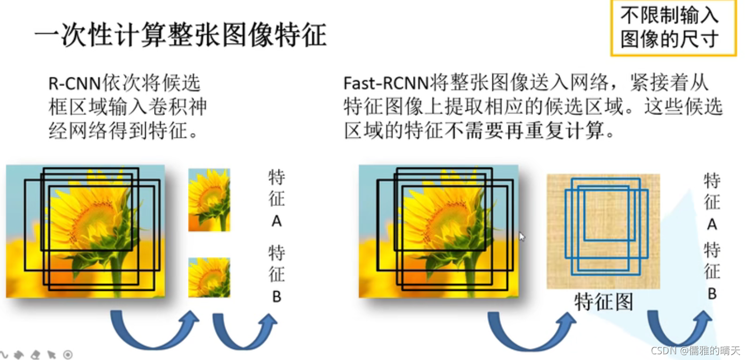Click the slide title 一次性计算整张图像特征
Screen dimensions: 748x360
coord(181,35)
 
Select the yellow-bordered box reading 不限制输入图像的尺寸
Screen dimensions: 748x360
coord(673,28)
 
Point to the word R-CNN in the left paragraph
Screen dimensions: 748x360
coord(74,83)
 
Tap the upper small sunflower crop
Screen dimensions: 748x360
coord(209,200)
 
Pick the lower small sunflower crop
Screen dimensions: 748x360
coord(209,277)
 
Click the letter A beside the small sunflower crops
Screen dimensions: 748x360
coord(276,221)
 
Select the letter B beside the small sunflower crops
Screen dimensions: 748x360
coord(276,297)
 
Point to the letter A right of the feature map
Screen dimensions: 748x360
coord(712,224)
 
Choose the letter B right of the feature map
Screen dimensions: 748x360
coord(712,294)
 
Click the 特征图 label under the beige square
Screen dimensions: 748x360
coord(603,301)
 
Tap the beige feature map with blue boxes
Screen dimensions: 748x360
coord(603,232)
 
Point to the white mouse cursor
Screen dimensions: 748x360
coord(522,237)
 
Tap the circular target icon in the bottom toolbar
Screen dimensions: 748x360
coord(68,355)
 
